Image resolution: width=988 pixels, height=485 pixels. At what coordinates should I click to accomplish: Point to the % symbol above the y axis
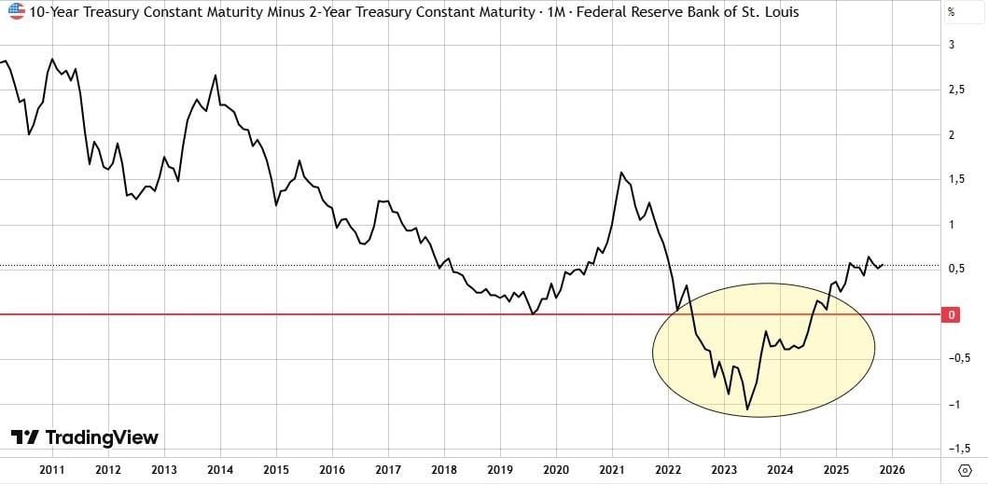click(951, 13)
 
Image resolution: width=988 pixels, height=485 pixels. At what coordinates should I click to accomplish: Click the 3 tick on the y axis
click(951, 45)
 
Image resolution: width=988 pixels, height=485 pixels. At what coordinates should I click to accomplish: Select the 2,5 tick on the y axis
click(954, 90)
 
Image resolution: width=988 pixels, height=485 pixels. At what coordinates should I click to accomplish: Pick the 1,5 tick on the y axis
click(954, 179)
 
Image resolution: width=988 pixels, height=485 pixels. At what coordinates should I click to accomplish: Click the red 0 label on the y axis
click(952, 315)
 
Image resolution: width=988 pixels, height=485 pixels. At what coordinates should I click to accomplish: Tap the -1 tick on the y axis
click(953, 404)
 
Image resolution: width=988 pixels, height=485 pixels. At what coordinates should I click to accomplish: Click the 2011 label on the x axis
click(51, 469)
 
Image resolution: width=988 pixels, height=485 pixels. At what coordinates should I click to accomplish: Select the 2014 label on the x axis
click(220, 469)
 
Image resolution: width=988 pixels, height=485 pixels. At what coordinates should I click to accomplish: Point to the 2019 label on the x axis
click(500, 469)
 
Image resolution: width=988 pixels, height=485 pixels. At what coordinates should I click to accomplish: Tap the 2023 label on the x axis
click(725, 469)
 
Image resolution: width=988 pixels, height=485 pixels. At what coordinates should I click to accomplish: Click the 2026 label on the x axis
click(893, 469)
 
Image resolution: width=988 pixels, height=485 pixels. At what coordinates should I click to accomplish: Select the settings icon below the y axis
click(952, 469)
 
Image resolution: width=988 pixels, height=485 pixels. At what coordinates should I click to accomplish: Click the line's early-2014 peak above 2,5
click(216, 75)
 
